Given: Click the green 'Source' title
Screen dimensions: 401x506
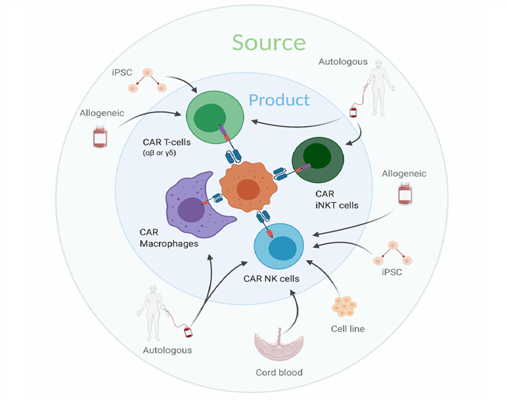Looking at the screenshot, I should coord(269,43).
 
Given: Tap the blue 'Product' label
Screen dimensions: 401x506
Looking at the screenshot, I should coord(279,100).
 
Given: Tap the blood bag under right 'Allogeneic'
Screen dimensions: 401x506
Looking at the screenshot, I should coord(404,195).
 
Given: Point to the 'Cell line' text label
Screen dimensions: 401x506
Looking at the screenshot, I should coord(347,329).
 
